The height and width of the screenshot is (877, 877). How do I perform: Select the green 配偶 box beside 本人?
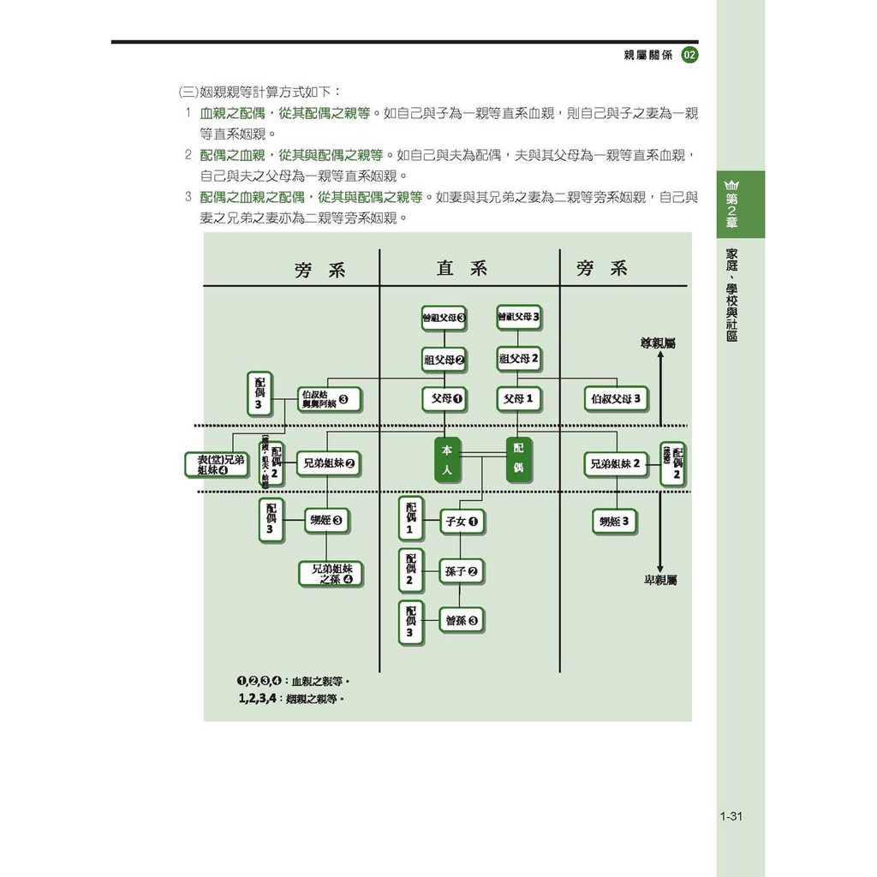[x=519, y=459]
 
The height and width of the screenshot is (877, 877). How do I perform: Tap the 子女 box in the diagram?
[x=462, y=521]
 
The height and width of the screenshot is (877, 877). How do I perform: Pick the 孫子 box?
[x=462, y=571]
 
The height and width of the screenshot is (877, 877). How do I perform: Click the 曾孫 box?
[x=462, y=621]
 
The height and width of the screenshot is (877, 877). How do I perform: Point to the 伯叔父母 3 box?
[x=615, y=399]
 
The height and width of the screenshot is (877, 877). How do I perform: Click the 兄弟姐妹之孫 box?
[x=331, y=574]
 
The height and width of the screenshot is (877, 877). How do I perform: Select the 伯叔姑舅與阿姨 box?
[x=330, y=399]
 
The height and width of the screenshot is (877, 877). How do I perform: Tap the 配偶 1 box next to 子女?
[x=410, y=520]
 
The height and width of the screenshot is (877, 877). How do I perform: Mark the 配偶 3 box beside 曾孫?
[x=410, y=622]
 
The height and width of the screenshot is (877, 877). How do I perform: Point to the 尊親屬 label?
[x=658, y=343]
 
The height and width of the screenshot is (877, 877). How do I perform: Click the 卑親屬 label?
[x=660, y=580]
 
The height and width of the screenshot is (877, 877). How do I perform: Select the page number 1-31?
[x=731, y=816]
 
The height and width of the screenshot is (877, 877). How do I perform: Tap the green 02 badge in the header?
[x=689, y=56]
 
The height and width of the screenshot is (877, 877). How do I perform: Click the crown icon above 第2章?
[x=731, y=184]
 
